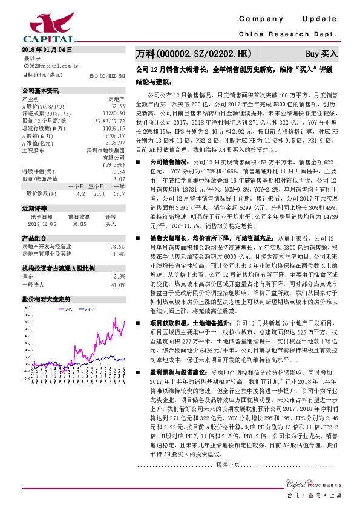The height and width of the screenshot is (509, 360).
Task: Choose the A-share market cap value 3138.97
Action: coord(115,142)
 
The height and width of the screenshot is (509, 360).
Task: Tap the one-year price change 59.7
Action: coord(119,193)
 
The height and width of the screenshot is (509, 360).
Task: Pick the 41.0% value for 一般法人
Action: coord(118,284)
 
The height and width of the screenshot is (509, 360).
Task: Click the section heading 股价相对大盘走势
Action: coord(47,299)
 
